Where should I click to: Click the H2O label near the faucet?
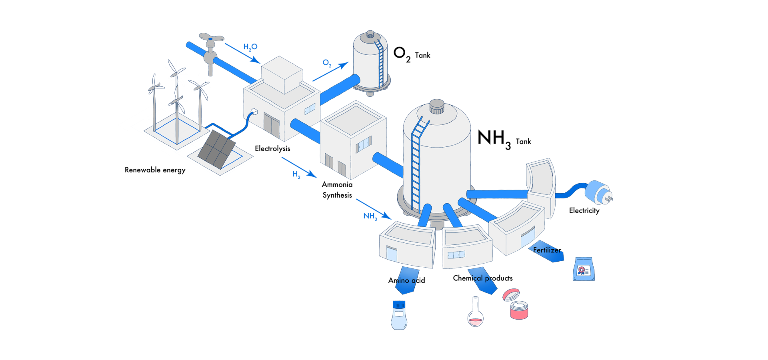pyautogui.click(x=250, y=47)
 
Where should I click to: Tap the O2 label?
pyautogui.click(x=327, y=63)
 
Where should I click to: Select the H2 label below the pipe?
pyautogui.click(x=296, y=174)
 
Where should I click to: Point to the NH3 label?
pyautogui.click(x=370, y=216)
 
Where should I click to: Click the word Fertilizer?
pyautogui.click(x=546, y=250)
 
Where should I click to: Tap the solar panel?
pyautogui.click(x=216, y=149)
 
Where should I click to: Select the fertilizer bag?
pyautogui.click(x=584, y=269)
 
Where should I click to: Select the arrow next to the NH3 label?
pyautogui.click(x=374, y=208)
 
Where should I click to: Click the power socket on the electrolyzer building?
pyautogui.click(x=253, y=112)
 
